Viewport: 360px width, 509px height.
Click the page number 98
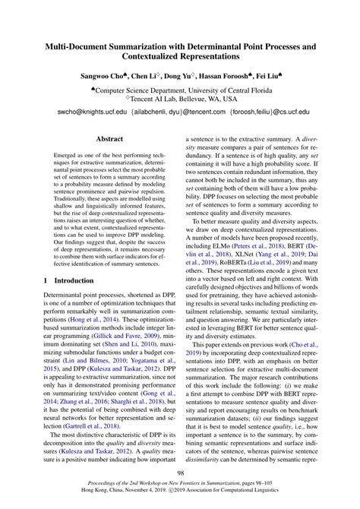[179, 475]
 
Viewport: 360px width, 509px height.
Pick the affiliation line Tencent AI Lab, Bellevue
[182, 99]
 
